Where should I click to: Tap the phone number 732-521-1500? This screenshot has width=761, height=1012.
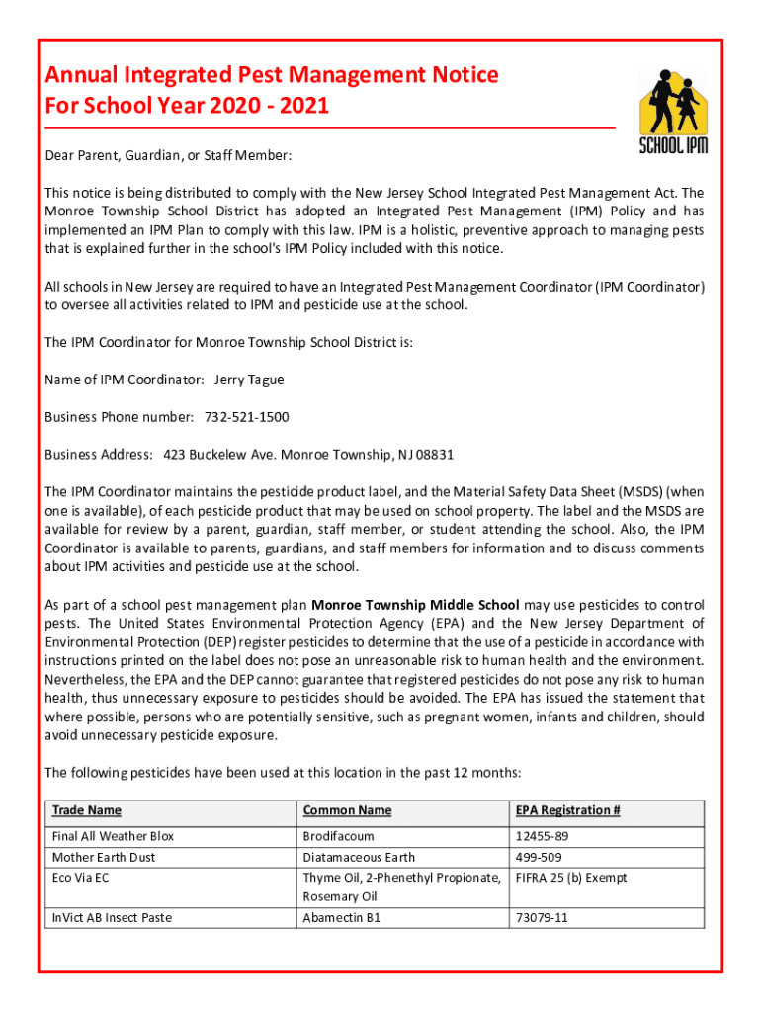click(x=246, y=417)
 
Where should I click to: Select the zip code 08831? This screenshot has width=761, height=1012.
click(x=435, y=455)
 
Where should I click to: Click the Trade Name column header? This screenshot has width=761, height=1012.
click(x=87, y=810)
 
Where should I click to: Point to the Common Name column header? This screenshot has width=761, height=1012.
click(x=347, y=810)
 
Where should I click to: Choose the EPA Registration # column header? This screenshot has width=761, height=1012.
click(x=567, y=810)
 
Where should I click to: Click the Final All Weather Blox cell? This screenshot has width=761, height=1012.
click(x=113, y=837)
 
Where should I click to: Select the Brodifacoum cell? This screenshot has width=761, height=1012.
click(x=338, y=837)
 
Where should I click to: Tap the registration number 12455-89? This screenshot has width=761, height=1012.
click(x=542, y=837)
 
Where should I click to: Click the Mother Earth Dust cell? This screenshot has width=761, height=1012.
click(x=104, y=857)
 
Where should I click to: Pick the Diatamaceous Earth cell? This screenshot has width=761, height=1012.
click(x=359, y=857)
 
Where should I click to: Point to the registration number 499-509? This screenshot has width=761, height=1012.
click(x=538, y=857)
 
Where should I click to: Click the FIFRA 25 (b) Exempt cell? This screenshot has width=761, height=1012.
click(x=570, y=878)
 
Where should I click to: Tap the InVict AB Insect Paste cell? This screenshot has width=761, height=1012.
click(x=112, y=918)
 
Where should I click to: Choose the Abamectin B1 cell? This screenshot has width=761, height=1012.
click(x=341, y=918)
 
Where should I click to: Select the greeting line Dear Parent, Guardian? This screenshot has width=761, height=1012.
click(x=168, y=156)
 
